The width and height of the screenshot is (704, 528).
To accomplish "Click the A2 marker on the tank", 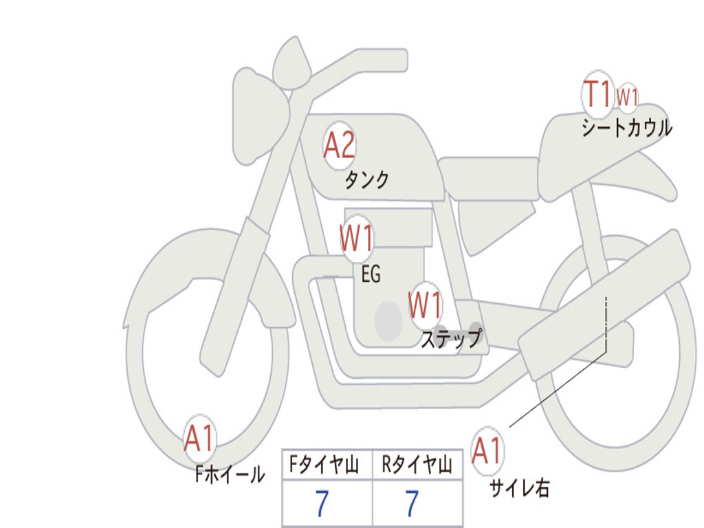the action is [x=339, y=145].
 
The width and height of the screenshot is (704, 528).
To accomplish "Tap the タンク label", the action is [x=366, y=180].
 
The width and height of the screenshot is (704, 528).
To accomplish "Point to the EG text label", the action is [x=371, y=275].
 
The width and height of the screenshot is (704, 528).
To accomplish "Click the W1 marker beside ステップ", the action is [x=425, y=305].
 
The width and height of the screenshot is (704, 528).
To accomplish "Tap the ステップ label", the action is [x=450, y=339].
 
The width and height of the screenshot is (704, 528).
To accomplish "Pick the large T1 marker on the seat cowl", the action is [x=597, y=94].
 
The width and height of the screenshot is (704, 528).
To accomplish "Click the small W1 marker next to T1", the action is [x=627, y=97].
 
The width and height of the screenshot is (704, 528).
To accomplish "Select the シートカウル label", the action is [x=626, y=129].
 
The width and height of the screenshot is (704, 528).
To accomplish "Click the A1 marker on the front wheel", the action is [x=199, y=439].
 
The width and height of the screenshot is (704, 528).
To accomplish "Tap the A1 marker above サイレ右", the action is [x=487, y=451].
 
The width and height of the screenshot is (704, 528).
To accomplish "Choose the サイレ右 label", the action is [x=519, y=488].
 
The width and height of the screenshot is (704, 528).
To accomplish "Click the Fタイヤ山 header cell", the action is [x=327, y=466].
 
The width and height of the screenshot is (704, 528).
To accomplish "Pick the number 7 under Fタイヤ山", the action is [x=322, y=504].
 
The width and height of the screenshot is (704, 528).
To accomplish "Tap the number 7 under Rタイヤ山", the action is [x=412, y=504].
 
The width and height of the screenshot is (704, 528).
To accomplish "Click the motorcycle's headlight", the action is [x=258, y=113].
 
